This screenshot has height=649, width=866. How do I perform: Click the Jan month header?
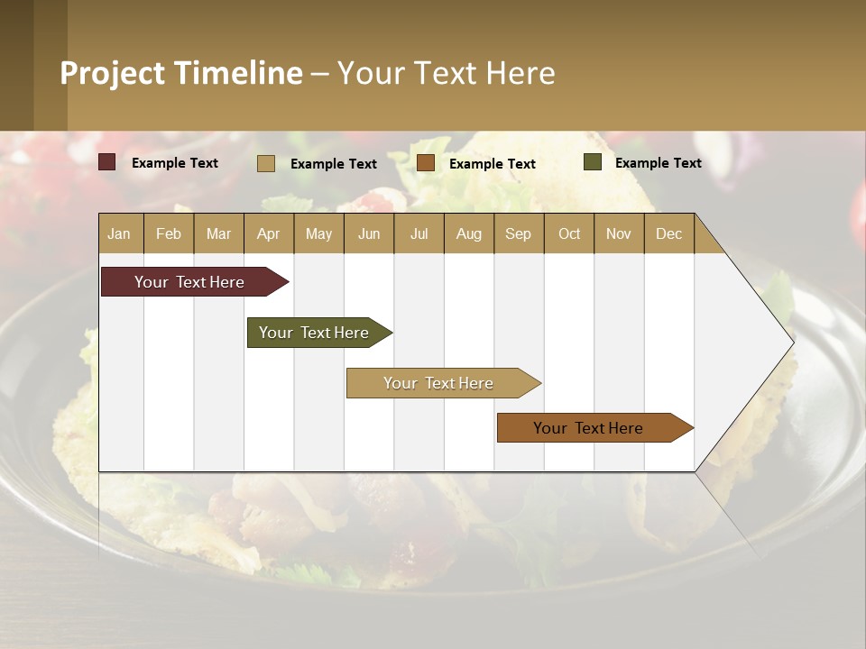[x=119, y=233]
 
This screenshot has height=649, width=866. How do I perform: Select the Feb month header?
[x=169, y=233]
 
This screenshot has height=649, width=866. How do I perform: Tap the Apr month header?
[x=268, y=233]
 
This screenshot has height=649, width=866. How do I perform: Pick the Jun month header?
[x=369, y=233]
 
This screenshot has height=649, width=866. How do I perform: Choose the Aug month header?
[x=468, y=233]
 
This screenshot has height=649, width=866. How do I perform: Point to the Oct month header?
[x=569, y=233]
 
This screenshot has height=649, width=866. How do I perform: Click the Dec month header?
[x=668, y=233]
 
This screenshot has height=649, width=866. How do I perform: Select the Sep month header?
[x=518, y=233]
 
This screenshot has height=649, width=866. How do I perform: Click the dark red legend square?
[x=107, y=162]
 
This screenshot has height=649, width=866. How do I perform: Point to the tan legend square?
[x=266, y=163]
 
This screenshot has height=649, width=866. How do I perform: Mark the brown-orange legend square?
[x=426, y=163]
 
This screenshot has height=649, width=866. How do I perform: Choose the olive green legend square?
[x=593, y=162]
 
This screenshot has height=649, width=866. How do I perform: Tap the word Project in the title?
[x=114, y=73]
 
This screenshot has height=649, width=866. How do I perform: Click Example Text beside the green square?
[x=658, y=163]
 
